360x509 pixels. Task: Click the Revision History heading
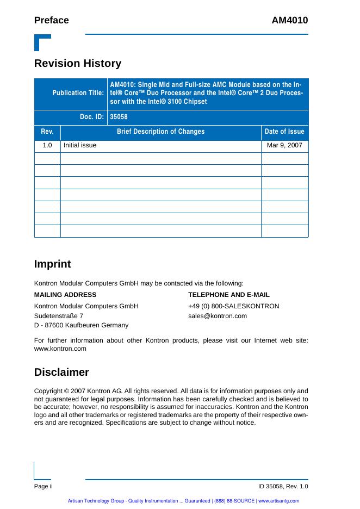click(78, 64)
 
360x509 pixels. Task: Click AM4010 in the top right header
click(290, 21)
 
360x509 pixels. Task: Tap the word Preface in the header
click(52, 21)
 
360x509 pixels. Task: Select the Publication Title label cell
click(78, 93)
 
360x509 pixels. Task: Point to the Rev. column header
click(47, 132)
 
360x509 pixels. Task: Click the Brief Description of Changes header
click(161, 132)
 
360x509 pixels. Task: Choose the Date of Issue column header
click(284, 132)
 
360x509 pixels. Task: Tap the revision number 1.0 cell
click(47, 146)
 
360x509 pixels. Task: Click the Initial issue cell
click(80, 146)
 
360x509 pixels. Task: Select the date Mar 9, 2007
click(284, 146)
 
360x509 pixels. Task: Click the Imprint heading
click(53, 264)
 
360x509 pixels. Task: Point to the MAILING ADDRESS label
click(65, 295)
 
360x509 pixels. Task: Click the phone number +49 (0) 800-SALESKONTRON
click(234, 306)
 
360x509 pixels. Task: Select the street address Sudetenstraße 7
click(59, 316)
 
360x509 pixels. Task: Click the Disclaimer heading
click(61, 373)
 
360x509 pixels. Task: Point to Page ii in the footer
click(43, 486)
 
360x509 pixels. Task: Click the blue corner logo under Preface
click(42, 42)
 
